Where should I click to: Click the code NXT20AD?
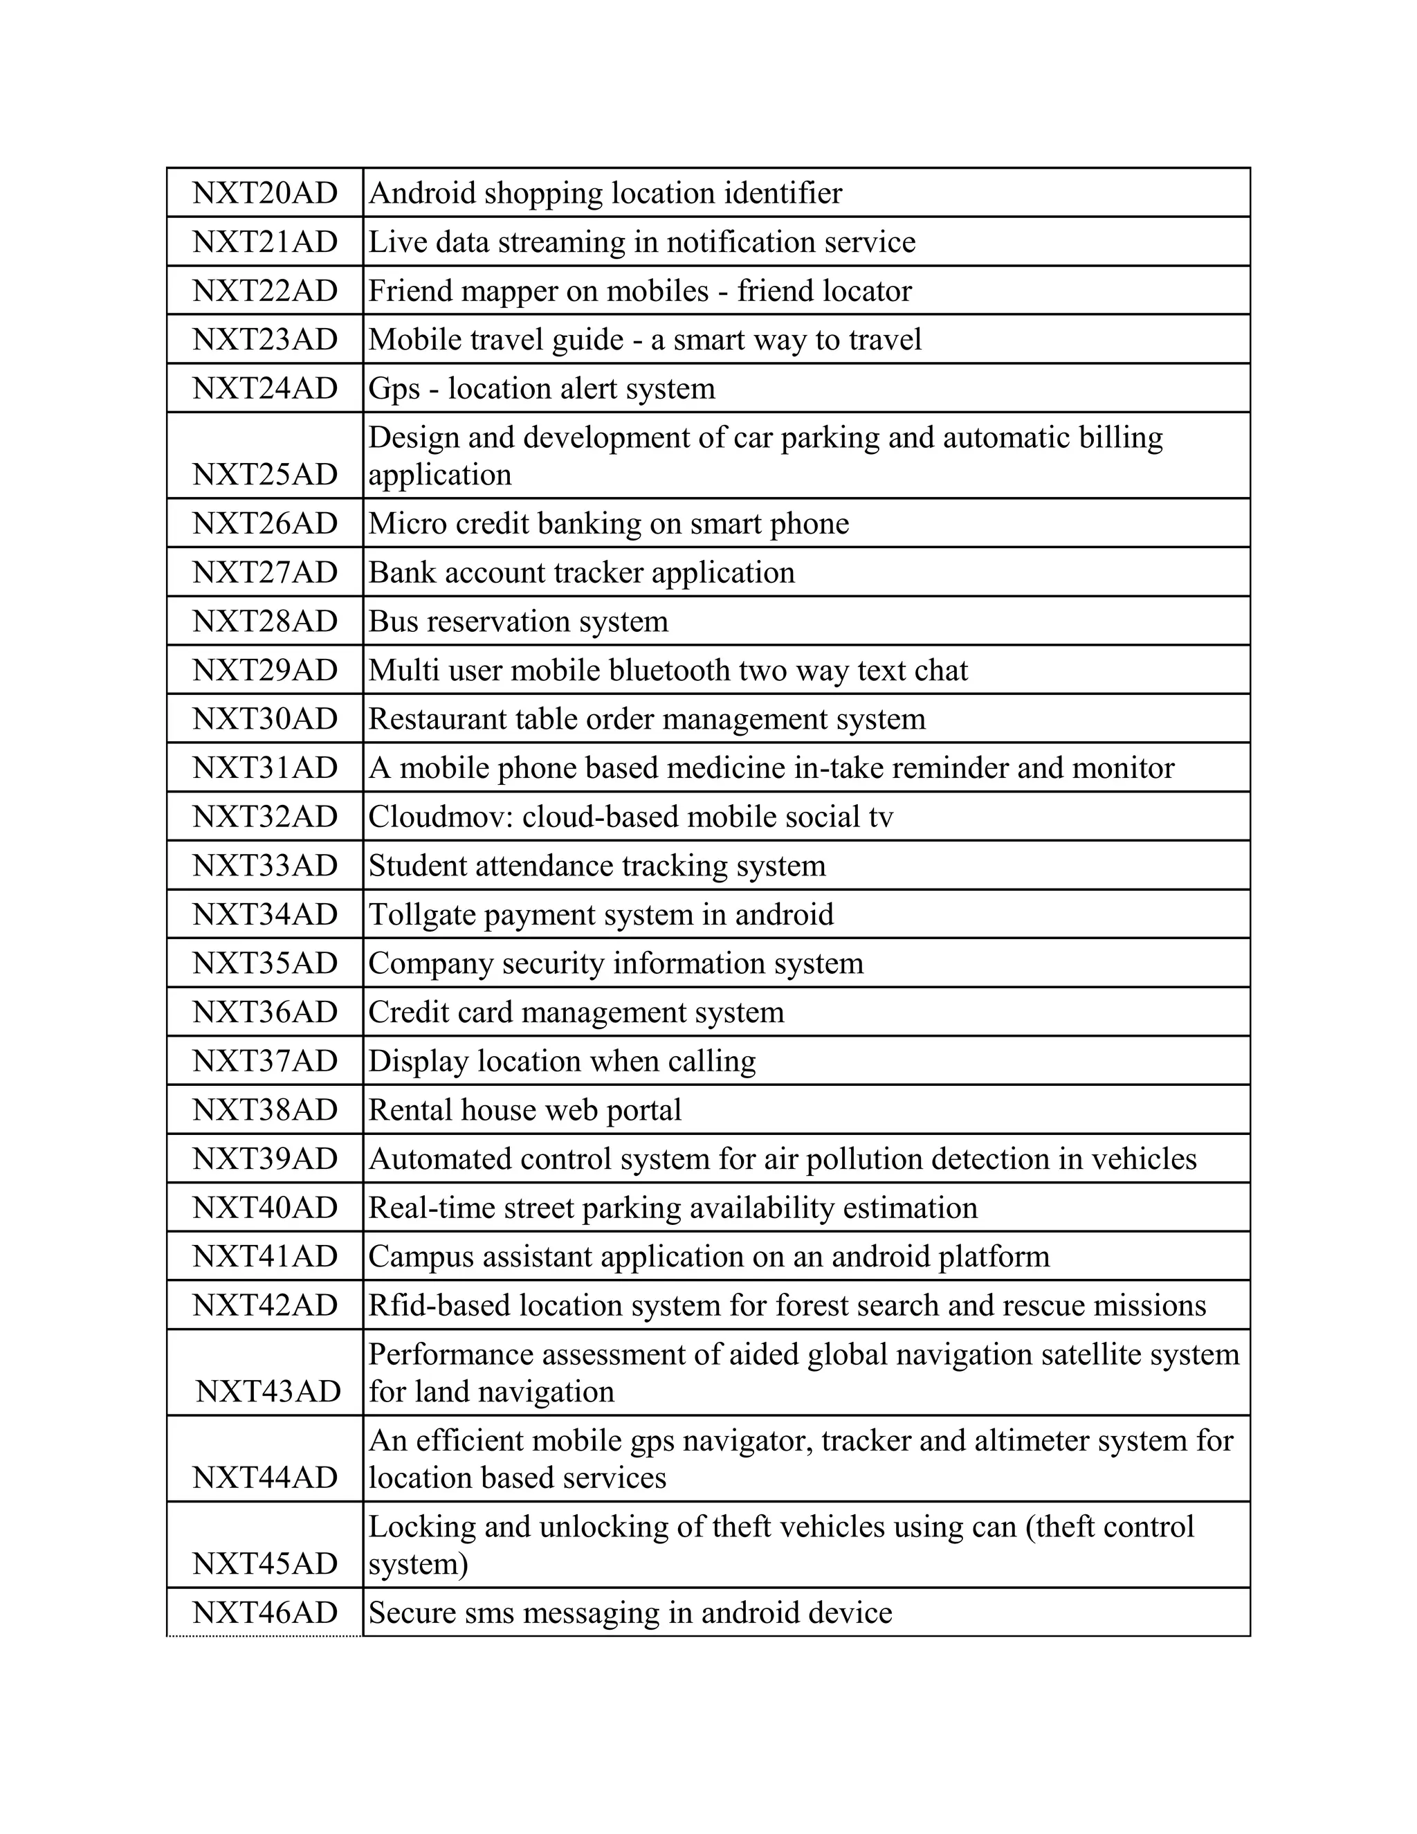264,193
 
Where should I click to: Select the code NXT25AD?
264,475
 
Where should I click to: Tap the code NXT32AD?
264,816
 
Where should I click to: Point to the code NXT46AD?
264,1613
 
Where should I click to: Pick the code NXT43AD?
268,1392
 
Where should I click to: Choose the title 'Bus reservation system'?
518,621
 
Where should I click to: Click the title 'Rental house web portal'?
524,1110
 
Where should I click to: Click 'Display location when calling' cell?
562,1062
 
